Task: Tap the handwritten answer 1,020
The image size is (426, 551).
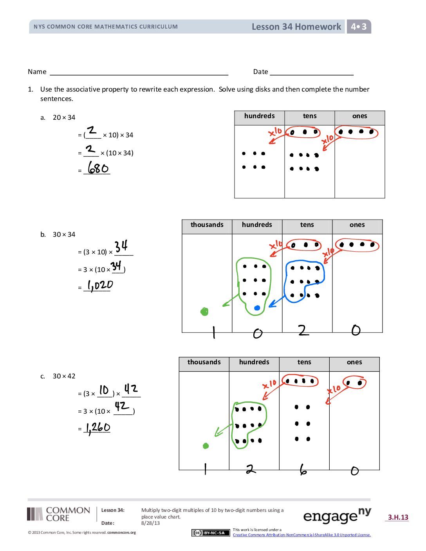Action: point(100,285)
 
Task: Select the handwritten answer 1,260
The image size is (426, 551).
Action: point(98,428)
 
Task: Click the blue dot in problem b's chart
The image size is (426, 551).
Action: point(257,308)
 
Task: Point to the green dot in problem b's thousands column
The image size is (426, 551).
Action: point(204,312)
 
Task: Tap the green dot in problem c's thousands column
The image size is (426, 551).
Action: point(206,446)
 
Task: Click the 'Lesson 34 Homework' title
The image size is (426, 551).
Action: point(296,27)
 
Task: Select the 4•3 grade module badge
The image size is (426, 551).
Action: point(359,27)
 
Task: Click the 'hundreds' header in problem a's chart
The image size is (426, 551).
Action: point(259,116)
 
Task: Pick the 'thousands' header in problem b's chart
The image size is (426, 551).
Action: point(207,225)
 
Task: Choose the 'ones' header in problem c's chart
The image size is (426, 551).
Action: point(354,362)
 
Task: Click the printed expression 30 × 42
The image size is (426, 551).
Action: point(64,376)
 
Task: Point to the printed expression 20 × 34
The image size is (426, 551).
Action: point(64,117)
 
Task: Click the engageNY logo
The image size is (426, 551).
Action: point(337,516)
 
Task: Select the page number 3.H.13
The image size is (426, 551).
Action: point(398,517)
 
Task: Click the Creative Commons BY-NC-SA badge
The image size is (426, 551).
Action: point(209,533)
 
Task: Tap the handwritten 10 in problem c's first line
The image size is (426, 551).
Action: point(104,390)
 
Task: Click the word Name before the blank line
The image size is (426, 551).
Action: point(37,72)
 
